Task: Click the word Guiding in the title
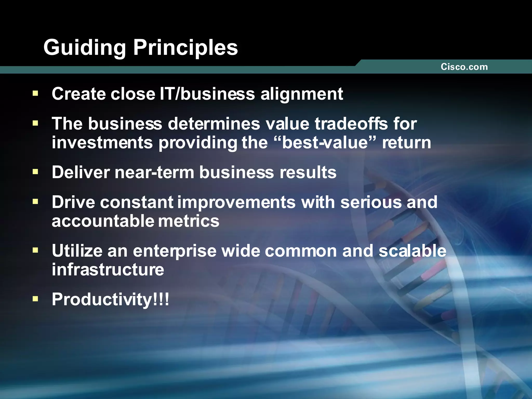point(85,48)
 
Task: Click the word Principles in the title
point(185,48)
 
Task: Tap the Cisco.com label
point(464,67)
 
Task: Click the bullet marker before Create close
point(36,93)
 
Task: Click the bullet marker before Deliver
point(36,172)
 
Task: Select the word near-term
point(154,172)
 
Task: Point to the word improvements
point(236,202)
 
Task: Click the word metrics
point(189,221)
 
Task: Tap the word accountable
point(103,221)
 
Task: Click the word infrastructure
point(108,270)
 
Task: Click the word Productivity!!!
point(110,300)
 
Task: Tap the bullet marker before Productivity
point(36,299)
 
